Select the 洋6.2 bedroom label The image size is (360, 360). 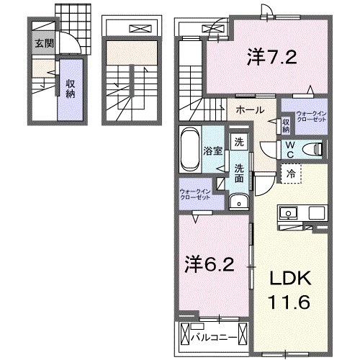[x=207, y=265]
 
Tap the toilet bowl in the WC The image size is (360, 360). [x=312, y=148]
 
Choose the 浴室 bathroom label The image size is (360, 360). [x=212, y=151]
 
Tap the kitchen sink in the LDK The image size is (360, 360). [x=289, y=212]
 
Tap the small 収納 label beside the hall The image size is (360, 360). [x=286, y=125]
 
